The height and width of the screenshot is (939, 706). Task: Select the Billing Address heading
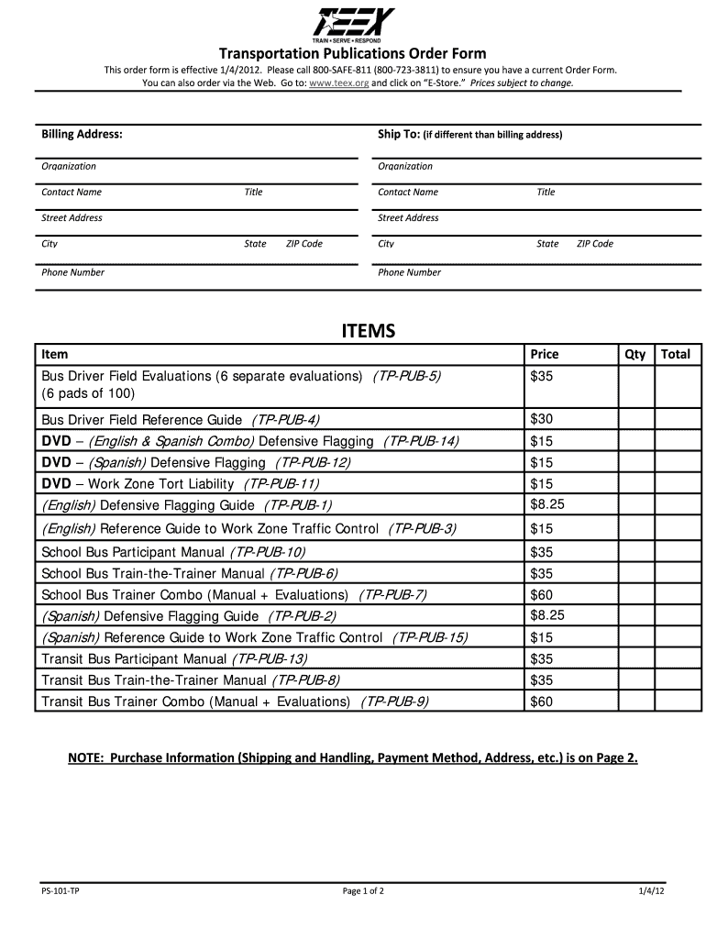(82, 134)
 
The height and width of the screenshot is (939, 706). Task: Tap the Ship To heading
(398, 134)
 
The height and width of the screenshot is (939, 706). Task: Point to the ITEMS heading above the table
(368, 331)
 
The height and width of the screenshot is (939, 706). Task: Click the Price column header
(544, 354)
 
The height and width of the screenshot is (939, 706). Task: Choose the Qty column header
(634, 354)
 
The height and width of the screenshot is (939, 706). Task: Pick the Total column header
(676, 354)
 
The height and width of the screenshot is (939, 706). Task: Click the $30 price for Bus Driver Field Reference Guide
(541, 419)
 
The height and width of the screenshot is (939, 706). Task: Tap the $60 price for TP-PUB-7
(541, 594)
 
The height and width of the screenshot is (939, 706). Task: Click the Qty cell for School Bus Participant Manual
(634, 552)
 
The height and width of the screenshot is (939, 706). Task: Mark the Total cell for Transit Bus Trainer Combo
(676, 701)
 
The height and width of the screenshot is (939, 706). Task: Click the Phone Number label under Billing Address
(72, 272)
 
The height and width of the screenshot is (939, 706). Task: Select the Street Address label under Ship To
(408, 218)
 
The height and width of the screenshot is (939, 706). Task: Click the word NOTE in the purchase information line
(84, 758)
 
